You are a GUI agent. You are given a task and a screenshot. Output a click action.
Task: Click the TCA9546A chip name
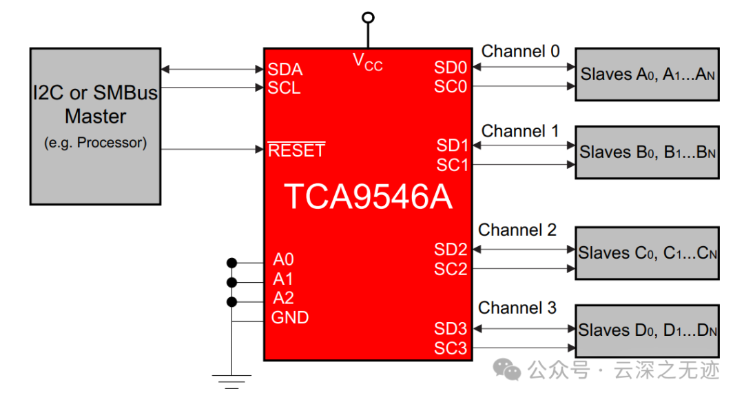pyautogui.click(x=368, y=197)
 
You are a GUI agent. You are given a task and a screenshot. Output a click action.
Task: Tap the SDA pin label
pyautogui.click(x=285, y=70)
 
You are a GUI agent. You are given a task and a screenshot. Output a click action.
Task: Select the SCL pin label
pyautogui.click(x=285, y=88)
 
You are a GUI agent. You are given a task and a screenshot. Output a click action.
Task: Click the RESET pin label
pyautogui.click(x=296, y=150)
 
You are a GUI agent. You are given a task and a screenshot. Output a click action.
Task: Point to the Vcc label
pyautogui.click(x=368, y=62)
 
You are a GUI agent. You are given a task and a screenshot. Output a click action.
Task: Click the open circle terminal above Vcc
pyautogui.click(x=368, y=17)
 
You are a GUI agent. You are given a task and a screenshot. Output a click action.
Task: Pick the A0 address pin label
pyautogui.click(x=283, y=259)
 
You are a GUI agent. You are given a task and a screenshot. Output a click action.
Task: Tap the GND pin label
pyautogui.click(x=290, y=317)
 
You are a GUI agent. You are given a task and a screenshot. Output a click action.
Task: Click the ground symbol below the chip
pyautogui.click(x=231, y=381)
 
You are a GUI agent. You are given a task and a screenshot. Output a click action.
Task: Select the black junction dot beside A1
pyautogui.click(x=231, y=282)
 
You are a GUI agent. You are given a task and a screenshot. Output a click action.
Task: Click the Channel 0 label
pyautogui.click(x=521, y=51)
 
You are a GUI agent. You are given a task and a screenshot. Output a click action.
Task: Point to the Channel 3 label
pyautogui.click(x=517, y=308)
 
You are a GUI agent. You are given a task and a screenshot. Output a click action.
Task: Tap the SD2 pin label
pyautogui.click(x=451, y=250)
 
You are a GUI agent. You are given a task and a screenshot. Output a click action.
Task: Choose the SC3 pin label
pyautogui.click(x=451, y=348)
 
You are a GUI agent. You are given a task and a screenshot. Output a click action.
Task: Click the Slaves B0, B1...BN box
pyautogui.click(x=647, y=152)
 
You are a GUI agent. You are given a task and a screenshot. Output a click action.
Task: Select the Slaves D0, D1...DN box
pyautogui.click(x=647, y=330)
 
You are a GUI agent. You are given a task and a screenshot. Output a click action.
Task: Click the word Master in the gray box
pyautogui.click(x=95, y=117)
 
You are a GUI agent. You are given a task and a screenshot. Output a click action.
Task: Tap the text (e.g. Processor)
pyautogui.click(x=95, y=143)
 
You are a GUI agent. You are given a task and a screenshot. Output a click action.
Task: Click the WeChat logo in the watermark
pyautogui.click(x=507, y=370)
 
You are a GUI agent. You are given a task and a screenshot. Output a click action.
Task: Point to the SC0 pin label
pyautogui.click(x=451, y=86)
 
